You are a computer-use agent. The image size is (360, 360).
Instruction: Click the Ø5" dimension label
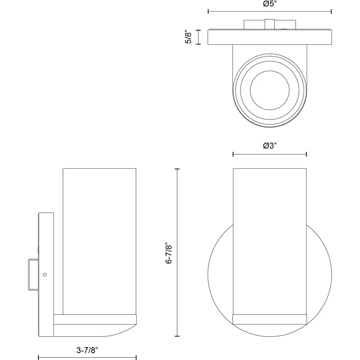click(270, 4)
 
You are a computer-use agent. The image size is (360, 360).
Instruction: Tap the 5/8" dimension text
click(188, 37)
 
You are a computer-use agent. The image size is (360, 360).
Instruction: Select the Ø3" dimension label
click(270, 146)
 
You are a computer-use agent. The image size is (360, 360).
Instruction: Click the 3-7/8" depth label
click(87, 350)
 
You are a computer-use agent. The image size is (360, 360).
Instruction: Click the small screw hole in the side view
click(45, 275)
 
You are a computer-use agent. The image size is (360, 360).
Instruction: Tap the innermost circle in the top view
click(270, 90)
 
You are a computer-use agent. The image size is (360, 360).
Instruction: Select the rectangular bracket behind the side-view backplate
click(33, 275)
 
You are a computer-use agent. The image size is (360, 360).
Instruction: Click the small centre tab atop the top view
click(270, 24)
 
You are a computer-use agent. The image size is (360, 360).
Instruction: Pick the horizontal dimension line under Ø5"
click(270, 11)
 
